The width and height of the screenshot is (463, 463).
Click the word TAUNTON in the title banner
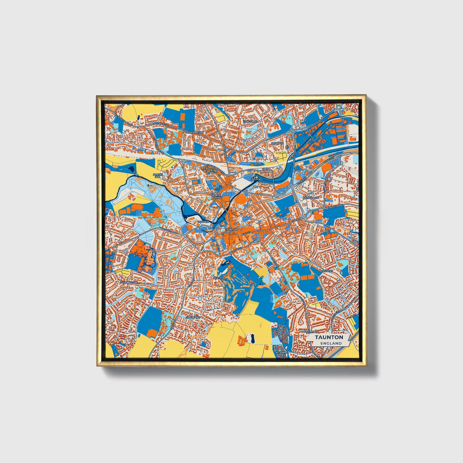329,337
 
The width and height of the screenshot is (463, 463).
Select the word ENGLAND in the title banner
331,343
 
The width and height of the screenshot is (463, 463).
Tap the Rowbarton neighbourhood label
194,132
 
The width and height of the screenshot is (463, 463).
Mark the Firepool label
256,179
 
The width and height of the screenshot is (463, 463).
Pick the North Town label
216,196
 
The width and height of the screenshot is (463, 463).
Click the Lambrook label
310,198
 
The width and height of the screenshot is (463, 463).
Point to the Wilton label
219,278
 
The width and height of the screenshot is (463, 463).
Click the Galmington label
129,282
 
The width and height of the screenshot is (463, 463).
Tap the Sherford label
193,317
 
